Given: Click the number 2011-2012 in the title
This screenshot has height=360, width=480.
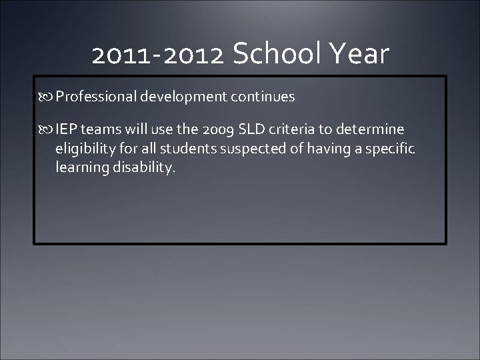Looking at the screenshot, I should (x=158, y=55).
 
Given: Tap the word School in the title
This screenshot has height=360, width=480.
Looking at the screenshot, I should (x=279, y=54).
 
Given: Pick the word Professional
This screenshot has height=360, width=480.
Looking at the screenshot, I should (x=96, y=97).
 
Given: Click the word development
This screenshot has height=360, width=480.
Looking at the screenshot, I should (x=184, y=97).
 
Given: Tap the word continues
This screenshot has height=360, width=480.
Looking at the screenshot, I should (x=263, y=97).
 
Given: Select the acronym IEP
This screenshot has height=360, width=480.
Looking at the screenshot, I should (x=66, y=129).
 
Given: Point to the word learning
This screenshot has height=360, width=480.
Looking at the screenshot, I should (x=80, y=167).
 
